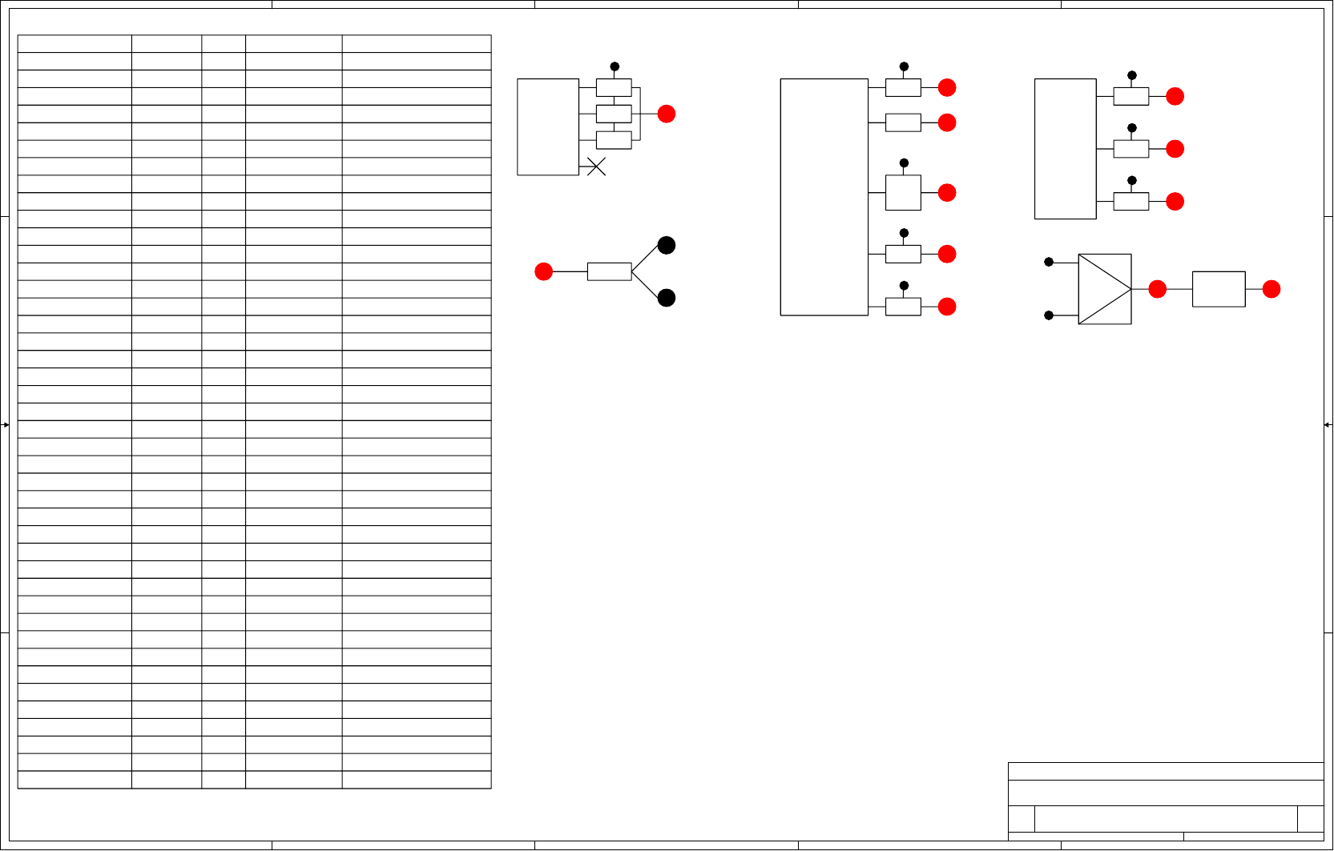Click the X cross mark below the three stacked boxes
click(596, 167)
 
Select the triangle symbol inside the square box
click(1105, 289)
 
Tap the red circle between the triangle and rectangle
click(1158, 289)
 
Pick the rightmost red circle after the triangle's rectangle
click(1272, 289)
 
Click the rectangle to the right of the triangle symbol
click(1219, 289)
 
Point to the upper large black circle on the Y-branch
click(667, 246)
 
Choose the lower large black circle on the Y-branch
click(667, 298)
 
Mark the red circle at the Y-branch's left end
click(544, 272)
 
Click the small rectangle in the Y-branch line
click(609, 272)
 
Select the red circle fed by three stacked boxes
click(667, 114)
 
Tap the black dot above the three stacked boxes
click(615, 66)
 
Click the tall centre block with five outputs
click(824, 197)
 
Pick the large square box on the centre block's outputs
click(903, 193)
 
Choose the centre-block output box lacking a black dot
click(903, 122)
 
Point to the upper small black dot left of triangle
click(1049, 262)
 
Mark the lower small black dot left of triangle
click(1049, 315)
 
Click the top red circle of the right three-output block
click(1175, 97)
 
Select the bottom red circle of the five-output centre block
click(947, 307)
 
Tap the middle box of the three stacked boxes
click(614, 114)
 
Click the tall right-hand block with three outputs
click(1065, 149)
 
